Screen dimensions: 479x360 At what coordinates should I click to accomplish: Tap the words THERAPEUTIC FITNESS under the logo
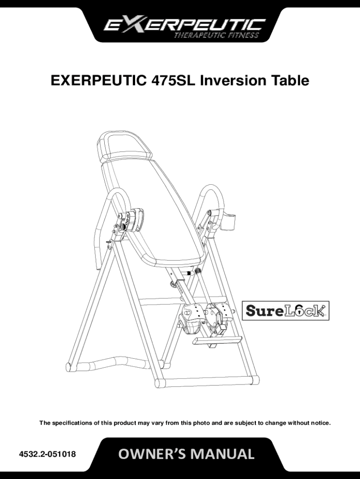coord(216,36)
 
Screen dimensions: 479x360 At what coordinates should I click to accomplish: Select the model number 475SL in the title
coord(173,81)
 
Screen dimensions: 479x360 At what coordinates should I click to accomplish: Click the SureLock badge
coord(285,311)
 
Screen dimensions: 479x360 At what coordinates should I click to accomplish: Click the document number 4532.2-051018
coord(48,454)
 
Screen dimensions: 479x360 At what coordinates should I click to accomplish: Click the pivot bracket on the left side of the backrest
coord(131,219)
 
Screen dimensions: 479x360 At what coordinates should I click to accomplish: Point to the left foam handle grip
coord(101,229)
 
